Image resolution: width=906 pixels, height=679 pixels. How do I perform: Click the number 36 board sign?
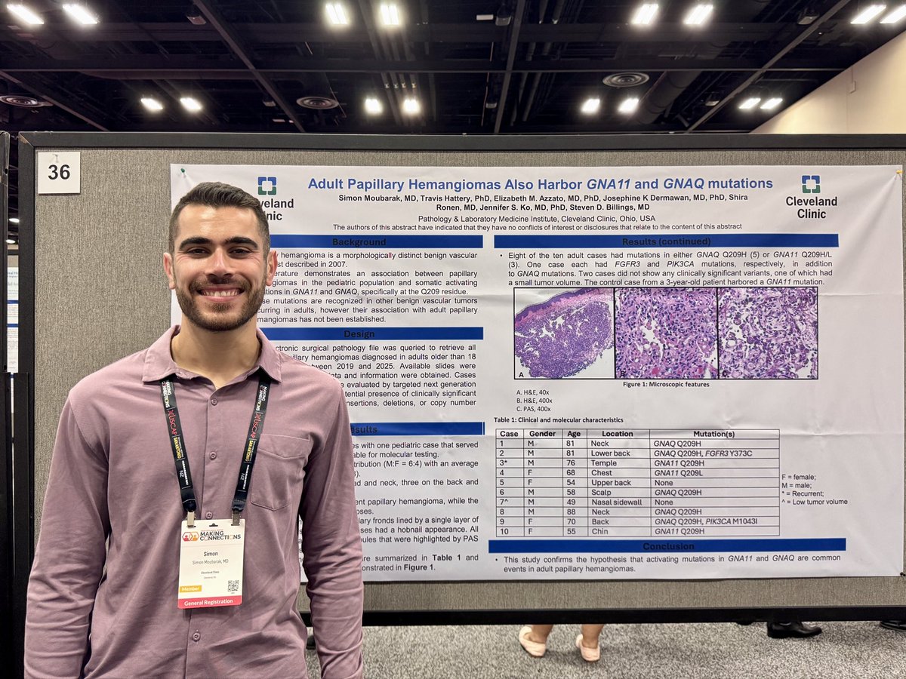pos(59,172)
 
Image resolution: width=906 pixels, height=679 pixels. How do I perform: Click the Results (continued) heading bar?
pos(666,241)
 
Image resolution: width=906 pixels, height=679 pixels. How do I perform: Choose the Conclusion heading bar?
pos(667,545)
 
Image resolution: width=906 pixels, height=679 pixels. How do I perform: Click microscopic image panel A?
pos(563,333)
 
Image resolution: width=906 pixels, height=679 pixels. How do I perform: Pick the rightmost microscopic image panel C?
pos(767,333)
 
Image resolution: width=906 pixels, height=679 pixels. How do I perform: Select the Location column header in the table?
pos(617,434)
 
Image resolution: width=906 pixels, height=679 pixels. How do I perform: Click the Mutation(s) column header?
pos(713,434)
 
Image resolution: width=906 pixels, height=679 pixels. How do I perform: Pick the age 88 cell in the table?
pos(574,512)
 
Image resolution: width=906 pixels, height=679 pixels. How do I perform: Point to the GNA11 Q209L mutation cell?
pos(680,472)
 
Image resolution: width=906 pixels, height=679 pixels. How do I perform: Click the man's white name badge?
pos(211,562)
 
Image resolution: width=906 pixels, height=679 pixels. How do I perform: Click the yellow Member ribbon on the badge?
pos(190,588)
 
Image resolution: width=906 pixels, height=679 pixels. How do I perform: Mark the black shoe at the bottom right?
pos(794,628)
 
